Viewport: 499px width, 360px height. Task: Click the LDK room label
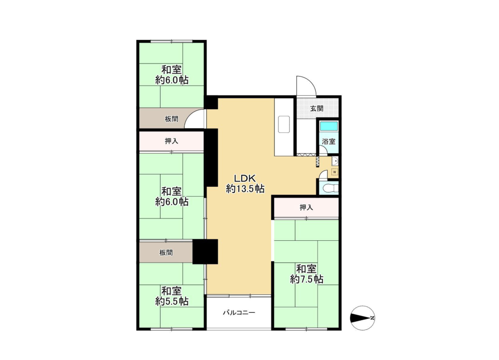pyautogui.click(x=245, y=178)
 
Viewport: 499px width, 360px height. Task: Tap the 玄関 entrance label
pyautogui.click(x=317, y=108)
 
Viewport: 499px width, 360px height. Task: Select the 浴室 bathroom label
pyautogui.click(x=329, y=141)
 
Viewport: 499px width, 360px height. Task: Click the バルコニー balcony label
pyautogui.click(x=239, y=312)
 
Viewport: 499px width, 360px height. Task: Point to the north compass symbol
pyautogui.click(x=362, y=318)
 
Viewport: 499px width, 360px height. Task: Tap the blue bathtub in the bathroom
pyautogui.click(x=329, y=126)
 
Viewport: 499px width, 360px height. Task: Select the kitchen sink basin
pyautogui.click(x=284, y=124)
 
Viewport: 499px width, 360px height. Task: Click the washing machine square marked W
pyautogui.click(x=334, y=172)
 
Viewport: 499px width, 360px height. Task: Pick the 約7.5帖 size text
pyautogui.click(x=307, y=279)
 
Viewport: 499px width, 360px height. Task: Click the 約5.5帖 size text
pyautogui.click(x=172, y=301)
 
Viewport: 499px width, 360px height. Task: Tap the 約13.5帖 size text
pyautogui.click(x=245, y=189)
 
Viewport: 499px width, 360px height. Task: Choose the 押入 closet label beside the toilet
pyautogui.click(x=306, y=208)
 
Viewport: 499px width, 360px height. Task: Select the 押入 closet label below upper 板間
pyautogui.click(x=171, y=141)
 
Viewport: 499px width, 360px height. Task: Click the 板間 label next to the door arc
pyautogui.click(x=171, y=119)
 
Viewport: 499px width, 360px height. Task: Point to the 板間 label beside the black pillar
pyautogui.click(x=166, y=253)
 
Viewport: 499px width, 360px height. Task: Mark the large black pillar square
pyautogui.click(x=205, y=252)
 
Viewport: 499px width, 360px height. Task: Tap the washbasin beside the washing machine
pyautogui.click(x=334, y=161)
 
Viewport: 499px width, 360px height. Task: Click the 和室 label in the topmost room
pyautogui.click(x=171, y=69)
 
